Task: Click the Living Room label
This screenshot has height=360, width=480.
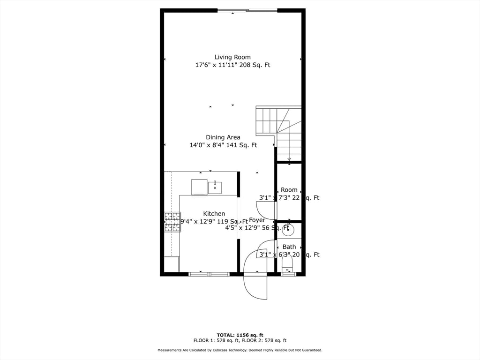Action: (232, 57)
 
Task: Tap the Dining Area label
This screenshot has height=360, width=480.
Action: (223, 137)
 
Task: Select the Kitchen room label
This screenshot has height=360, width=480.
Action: (214, 214)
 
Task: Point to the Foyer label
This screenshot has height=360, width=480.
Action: (257, 220)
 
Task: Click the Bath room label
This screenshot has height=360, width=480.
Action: (289, 247)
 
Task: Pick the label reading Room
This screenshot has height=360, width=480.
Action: (289, 190)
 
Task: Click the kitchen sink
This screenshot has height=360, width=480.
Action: (215, 187)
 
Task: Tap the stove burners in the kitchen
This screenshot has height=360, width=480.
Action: (172, 222)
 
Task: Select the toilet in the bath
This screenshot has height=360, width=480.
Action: (287, 262)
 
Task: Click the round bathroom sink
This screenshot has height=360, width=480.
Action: (288, 230)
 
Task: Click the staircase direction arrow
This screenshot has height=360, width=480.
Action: (289, 159)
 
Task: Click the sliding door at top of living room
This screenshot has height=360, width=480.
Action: (247, 10)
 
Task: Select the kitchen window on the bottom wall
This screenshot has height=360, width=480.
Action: (210, 274)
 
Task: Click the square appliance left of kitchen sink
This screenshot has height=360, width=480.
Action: (199, 187)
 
